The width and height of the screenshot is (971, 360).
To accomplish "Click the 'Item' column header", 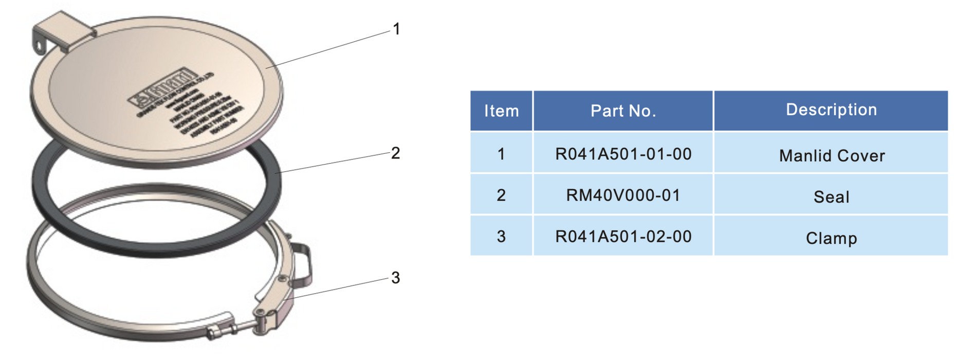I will pyautogui.click(x=501, y=111).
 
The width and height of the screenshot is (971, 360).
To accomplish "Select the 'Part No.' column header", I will pyautogui.click(x=623, y=111).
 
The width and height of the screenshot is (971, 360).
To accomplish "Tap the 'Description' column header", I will pyautogui.click(x=831, y=110).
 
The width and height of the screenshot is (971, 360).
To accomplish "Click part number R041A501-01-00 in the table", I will pyautogui.click(x=623, y=154).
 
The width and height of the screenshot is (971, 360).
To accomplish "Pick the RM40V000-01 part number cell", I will pyautogui.click(x=623, y=195).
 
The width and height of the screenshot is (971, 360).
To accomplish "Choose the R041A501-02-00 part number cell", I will pyautogui.click(x=623, y=237).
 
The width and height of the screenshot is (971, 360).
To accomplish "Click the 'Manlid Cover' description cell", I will pyautogui.click(x=831, y=155).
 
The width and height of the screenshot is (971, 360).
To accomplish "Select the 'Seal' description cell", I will pyautogui.click(x=831, y=196).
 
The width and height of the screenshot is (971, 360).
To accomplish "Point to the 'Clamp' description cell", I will pyautogui.click(x=831, y=238).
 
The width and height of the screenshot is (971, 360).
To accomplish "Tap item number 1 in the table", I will pyautogui.click(x=501, y=154).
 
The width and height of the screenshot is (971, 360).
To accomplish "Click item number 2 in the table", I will pyautogui.click(x=501, y=195).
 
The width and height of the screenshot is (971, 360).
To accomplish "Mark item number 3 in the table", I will pyautogui.click(x=501, y=237).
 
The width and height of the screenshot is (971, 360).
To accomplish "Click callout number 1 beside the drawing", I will pyautogui.click(x=396, y=29).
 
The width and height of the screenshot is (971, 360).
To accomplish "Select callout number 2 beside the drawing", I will pyautogui.click(x=395, y=153).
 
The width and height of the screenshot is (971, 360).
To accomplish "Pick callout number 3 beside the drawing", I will pyautogui.click(x=395, y=278).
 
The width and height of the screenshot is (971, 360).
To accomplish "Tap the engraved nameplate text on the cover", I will pyautogui.click(x=185, y=103).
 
